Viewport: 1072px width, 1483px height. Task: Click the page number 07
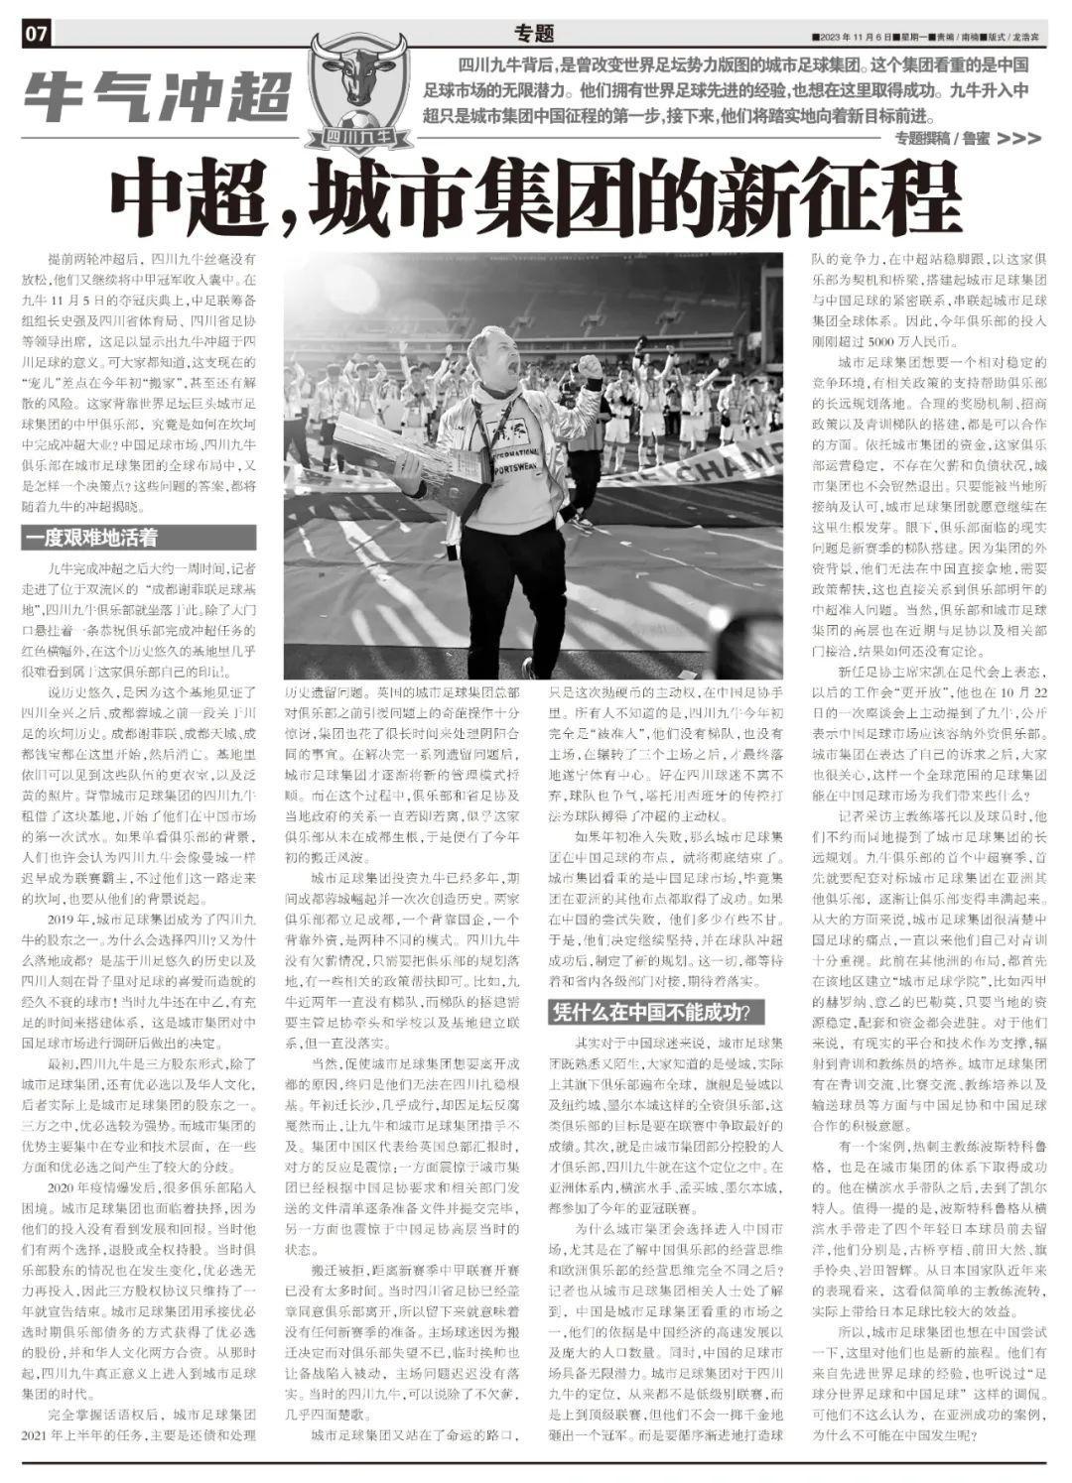click(36, 34)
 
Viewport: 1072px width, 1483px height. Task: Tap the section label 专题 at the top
click(535, 33)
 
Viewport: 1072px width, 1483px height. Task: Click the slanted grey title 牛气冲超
click(157, 97)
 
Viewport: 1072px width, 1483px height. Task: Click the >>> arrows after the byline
click(1017, 139)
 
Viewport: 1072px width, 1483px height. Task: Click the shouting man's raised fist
click(589, 368)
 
